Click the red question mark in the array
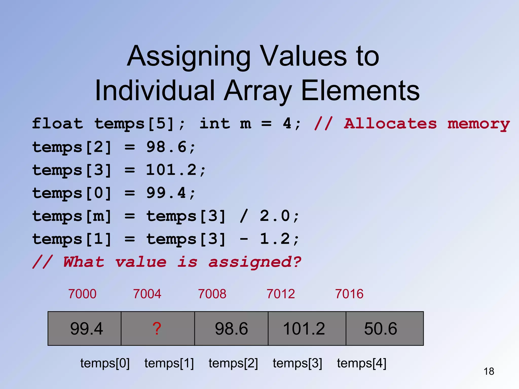pyautogui.click(x=157, y=329)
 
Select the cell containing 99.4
pyautogui.click(x=85, y=329)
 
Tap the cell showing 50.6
pyautogui.click(x=384, y=329)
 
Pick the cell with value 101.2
pyautogui.click(x=307, y=329)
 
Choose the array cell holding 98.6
pyautogui.click(x=231, y=329)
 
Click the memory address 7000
pyautogui.click(x=82, y=294)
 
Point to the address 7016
pyautogui.click(x=349, y=294)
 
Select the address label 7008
pyautogui.click(x=212, y=294)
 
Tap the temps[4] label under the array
pyautogui.click(x=362, y=363)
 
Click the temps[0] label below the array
pyautogui.click(x=105, y=363)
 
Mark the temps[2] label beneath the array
pyautogui.click(x=233, y=363)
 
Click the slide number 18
pyautogui.click(x=489, y=372)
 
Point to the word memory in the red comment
pyautogui.click(x=478, y=124)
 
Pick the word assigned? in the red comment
pyautogui.click(x=255, y=262)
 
